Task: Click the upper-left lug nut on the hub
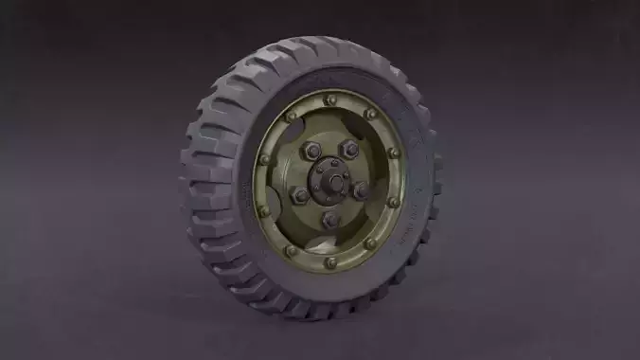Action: point(310,151)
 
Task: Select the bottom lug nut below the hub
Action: point(330,220)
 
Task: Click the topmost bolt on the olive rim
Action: point(329,99)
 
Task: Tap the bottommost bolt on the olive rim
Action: point(329,262)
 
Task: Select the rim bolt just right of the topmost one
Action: point(371,113)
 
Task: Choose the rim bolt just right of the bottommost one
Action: point(370,244)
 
